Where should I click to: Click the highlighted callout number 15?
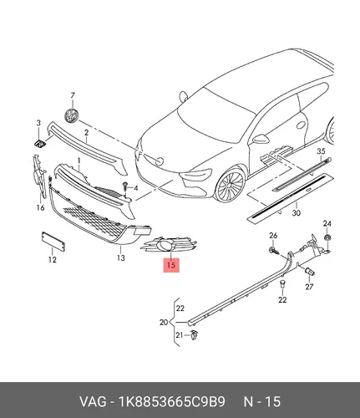coord(171,265)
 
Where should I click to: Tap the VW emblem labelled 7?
coord(71,115)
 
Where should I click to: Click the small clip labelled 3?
coord(39,144)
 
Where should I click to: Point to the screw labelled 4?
coord(125,186)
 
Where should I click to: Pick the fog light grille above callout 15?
coord(170,244)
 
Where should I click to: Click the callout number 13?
coord(121,257)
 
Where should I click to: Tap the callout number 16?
coord(40,207)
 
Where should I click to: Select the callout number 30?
coord(297,213)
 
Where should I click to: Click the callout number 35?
coord(321,151)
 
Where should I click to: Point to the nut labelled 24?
coord(327,238)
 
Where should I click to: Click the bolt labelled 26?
coord(273,250)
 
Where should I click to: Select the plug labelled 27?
coord(310,272)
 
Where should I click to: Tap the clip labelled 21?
coord(194,334)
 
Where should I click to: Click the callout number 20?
coord(164,323)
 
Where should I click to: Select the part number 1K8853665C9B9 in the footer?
coord(172,401)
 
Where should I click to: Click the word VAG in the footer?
coord(93,401)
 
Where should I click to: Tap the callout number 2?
coord(86,133)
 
